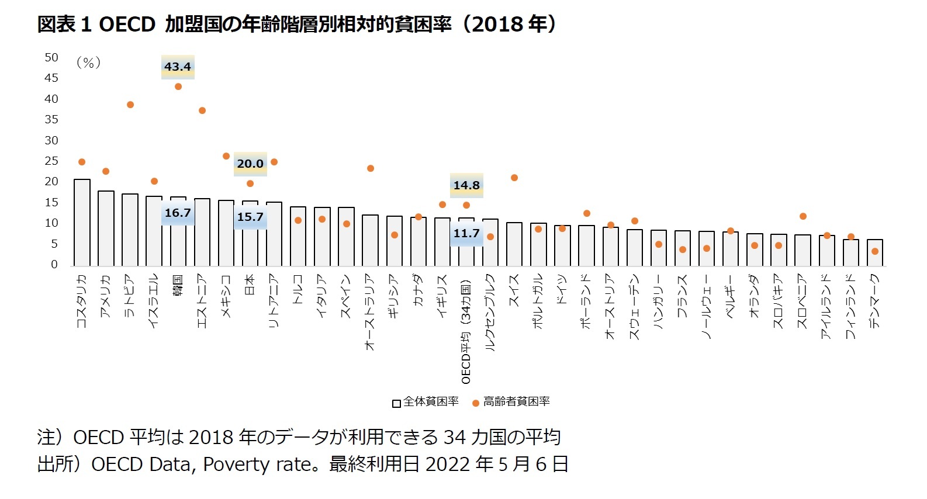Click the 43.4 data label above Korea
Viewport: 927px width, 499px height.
click(178, 67)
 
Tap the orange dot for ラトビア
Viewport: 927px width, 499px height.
click(130, 105)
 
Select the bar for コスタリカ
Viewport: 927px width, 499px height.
click(82, 223)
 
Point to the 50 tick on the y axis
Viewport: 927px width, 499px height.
click(51, 57)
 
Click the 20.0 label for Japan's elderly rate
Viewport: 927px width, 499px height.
click(250, 164)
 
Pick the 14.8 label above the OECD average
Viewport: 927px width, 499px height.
click(466, 185)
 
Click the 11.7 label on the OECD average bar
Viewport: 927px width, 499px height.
click(466, 233)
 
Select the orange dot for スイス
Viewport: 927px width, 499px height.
click(514, 178)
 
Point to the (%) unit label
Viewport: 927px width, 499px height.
click(89, 63)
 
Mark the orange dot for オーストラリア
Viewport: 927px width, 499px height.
click(371, 168)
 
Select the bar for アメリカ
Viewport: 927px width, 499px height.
click(106, 228)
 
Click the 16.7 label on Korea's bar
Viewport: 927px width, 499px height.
click(178, 213)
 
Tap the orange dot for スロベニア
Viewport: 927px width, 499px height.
click(803, 216)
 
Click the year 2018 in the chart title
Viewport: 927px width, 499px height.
click(497, 24)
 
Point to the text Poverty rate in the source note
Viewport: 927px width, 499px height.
click(260, 464)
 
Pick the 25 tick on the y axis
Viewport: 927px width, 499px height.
click(51, 161)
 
